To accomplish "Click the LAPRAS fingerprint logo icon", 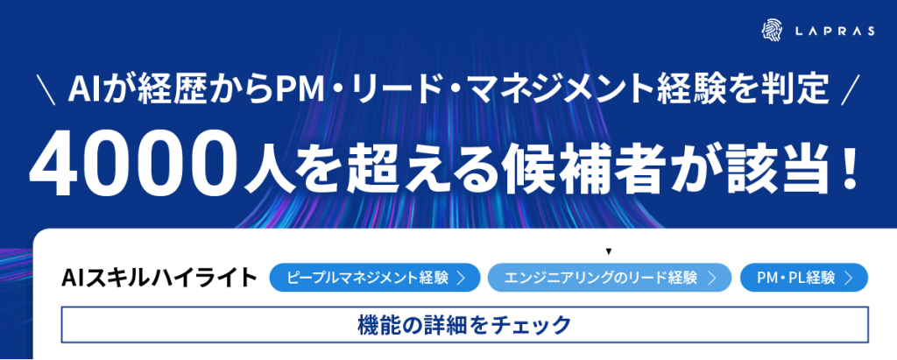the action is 772,31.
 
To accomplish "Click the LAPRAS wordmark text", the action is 835,32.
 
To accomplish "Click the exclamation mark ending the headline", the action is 848,162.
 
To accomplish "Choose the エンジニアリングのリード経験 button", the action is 610,278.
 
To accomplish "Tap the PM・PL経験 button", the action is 804,278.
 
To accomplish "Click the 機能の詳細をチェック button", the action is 464,324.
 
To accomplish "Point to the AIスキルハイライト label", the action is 159,278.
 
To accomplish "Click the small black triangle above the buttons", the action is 610,251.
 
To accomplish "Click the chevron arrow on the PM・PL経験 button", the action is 848,279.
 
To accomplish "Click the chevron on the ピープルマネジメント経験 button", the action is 460,279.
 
